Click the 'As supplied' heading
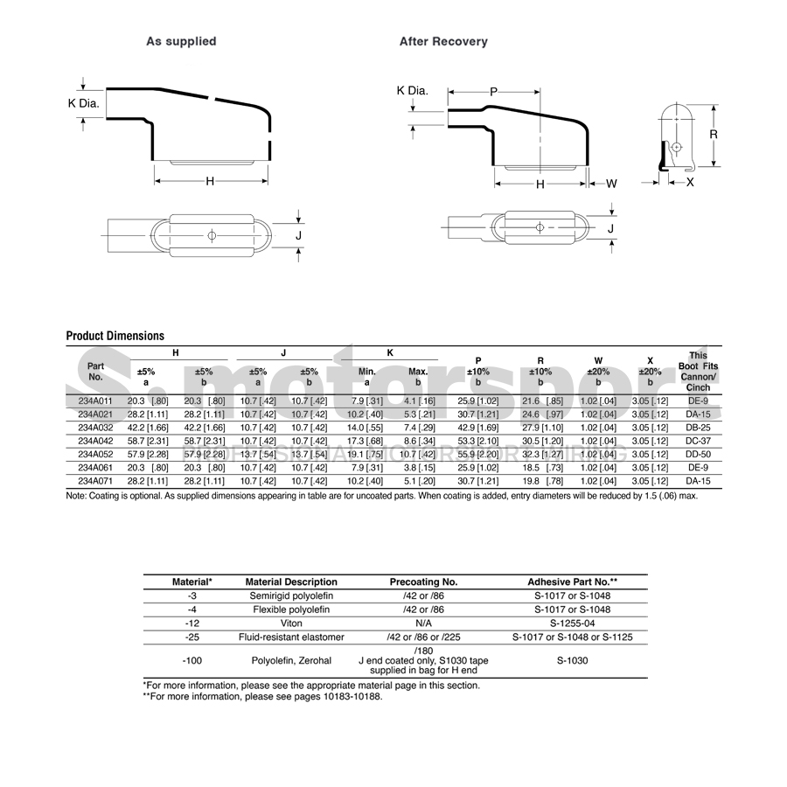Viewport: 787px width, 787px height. (x=181, y=41)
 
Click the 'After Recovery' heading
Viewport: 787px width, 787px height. (x=443, y=41)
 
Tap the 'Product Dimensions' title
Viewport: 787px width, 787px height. (x=115, y=336)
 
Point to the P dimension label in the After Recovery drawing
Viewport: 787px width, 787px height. (x=493, y=92)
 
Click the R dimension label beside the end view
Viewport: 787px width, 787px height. (x=714, y=135)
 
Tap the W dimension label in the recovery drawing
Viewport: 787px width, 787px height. (x=611, y=184)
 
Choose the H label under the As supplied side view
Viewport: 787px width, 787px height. (x=210, y=181)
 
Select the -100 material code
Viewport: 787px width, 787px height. (x=192, y=660)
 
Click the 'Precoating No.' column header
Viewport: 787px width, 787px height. (x=423, y=582)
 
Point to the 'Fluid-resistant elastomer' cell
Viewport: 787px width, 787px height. (x=291, y=637)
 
